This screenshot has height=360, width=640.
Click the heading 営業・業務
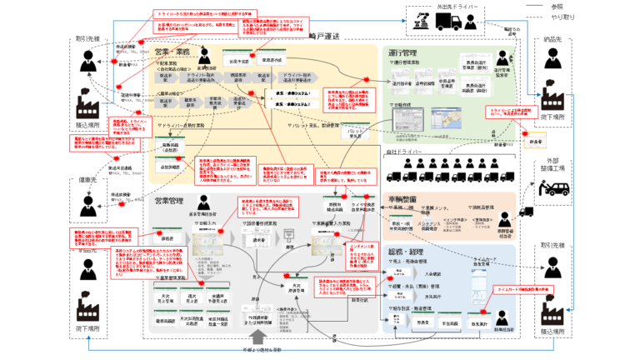pos(173,52)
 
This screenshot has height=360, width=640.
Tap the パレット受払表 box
pos(355,131)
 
